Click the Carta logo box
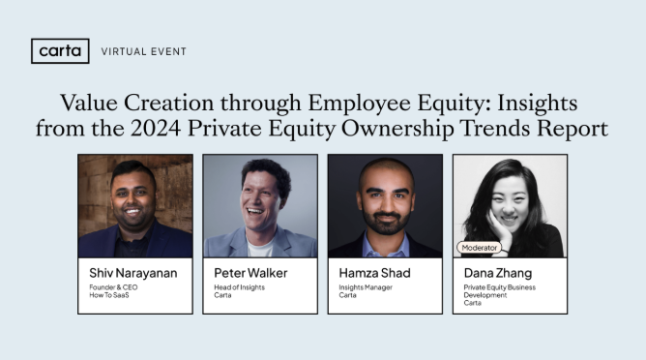[x=60, y=50]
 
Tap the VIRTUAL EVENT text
[x=144, y=51]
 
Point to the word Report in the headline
[x=574, y=127]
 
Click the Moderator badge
[x=480, y=247]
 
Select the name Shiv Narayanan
[x=132, y=273]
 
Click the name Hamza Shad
[x=372, y=273]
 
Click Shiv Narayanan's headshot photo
[x=134, y=205]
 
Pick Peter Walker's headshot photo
[x=260, y=205]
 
